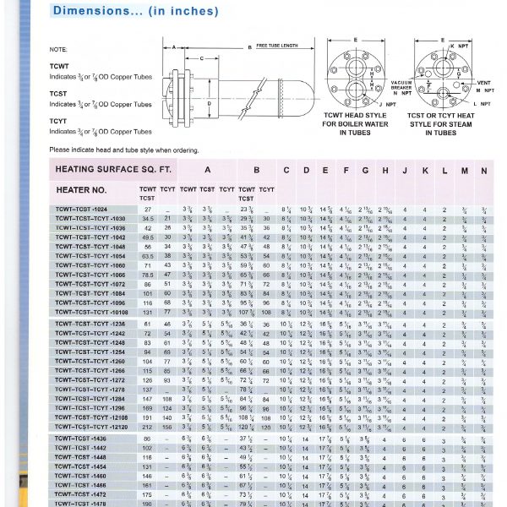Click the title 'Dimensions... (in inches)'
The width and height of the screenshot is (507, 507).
click(134, 11)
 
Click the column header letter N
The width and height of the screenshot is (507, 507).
click(483, 170)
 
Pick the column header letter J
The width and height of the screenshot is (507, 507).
click(405, 170)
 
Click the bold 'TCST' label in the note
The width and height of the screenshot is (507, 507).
click(58, 94)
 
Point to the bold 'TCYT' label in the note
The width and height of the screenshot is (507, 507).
click(58, 121)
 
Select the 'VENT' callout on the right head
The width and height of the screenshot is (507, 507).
click(482, 82)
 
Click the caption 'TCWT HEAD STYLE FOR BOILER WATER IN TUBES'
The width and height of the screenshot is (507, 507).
click(355, 123)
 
